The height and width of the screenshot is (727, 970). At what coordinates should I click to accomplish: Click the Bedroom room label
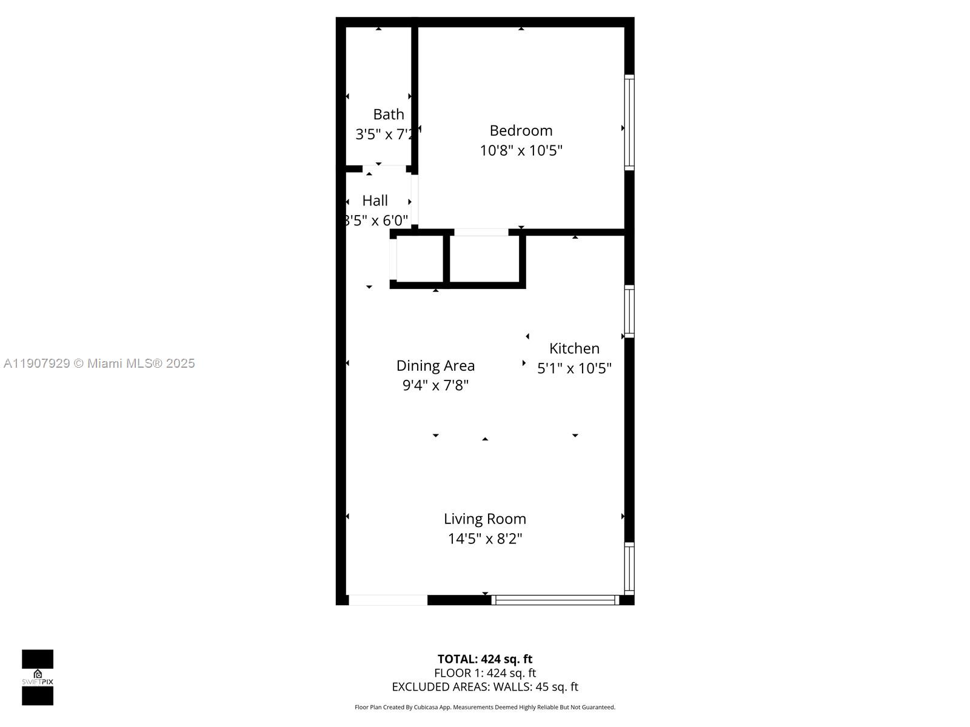(x=521, y=130)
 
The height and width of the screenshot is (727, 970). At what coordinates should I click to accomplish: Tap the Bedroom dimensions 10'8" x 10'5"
(x=521, y=150)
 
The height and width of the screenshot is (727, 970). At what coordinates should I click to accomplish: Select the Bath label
(x=389, y=114)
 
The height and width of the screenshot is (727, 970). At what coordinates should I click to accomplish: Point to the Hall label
(x=375, y=201)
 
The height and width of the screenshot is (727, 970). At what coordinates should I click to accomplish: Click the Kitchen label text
(x=574, y=348)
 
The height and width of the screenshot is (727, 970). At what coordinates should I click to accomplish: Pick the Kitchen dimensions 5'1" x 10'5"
(x=574, y=368)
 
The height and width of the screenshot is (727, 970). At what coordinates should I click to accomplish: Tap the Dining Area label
(x=435, y=365)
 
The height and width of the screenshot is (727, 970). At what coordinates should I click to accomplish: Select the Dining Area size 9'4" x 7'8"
(x=435, y=385)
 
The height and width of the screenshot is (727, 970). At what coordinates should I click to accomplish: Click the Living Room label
(x=484, y=519)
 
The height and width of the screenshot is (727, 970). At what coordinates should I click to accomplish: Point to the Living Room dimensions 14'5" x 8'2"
(x=484, y=539)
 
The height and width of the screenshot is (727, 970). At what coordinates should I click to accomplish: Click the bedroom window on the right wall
(x=629, y=122)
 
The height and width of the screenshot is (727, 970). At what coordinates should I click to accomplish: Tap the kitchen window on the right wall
(x=629, y=311)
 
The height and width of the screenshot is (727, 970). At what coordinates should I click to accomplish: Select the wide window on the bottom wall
(x=555, y=600)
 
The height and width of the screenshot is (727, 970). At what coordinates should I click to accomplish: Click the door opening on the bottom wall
(x=388, y=600)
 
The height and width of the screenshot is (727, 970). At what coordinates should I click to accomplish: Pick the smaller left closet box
(x=420, y=259)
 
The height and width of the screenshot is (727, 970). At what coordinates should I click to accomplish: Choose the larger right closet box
(x=484, y=259)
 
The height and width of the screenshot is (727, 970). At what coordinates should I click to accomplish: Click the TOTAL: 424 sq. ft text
(x=484, y=659)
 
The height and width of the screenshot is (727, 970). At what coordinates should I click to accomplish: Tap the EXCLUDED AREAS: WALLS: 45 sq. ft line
(x=484, y=687)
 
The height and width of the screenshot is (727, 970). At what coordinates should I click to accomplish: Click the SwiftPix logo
(x=38, y=677)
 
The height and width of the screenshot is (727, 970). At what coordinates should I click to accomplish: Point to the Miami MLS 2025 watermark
(x=99, y=363)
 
